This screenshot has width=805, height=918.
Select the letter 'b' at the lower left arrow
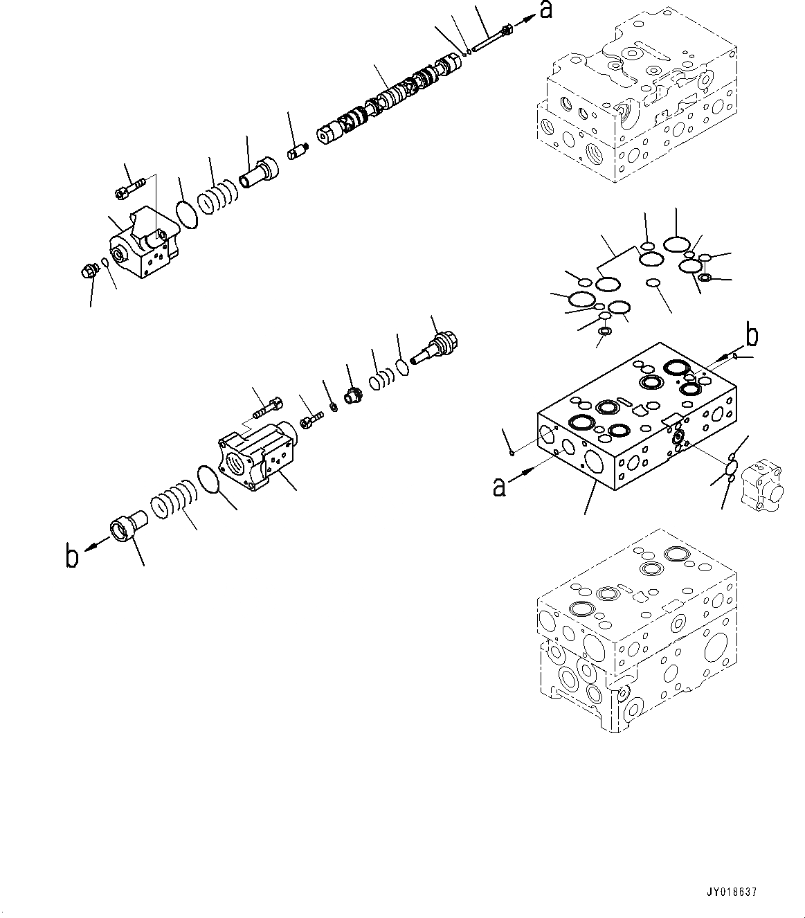click(x=71, y=556)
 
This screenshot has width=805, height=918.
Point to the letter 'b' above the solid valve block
click(x=752, y=336)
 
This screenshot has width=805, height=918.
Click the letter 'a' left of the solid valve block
click(x=498, y=487)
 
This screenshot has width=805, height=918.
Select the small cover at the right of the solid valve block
click(x=763, y=488)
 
